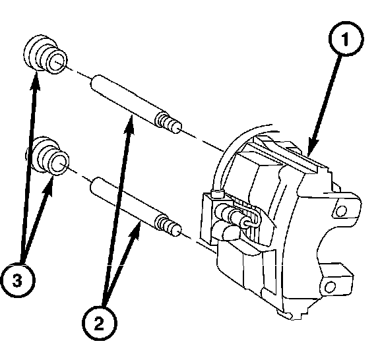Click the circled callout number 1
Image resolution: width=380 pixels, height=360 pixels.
(x=346, y=39)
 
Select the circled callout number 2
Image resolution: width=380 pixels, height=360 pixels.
(x=100, y=323)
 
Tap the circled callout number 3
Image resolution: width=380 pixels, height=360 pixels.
(x=17, y=280)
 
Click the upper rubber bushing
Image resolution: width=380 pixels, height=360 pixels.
(x=45, y=54)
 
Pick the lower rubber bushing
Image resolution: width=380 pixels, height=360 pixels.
(x=47, y=156)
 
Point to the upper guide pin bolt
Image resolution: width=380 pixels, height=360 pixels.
(x=136, y=104)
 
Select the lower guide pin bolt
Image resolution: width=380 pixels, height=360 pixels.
(x=136, y=206)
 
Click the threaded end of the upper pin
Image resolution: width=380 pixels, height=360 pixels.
(x=168, y=122)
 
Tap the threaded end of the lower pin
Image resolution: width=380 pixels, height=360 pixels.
(x=168, y=225)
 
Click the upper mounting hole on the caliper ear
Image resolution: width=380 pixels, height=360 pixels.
(x=341, y=210)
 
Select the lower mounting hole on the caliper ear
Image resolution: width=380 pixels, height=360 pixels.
(x=330, y=287)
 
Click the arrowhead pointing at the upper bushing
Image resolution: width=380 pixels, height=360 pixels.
(x=35, y=81)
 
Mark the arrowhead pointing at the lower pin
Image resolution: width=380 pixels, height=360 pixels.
(x=136, y=231)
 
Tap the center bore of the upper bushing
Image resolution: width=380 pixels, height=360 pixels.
(x=56, y=62)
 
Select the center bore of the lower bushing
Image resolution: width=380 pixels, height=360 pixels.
(x=59, y=164)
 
